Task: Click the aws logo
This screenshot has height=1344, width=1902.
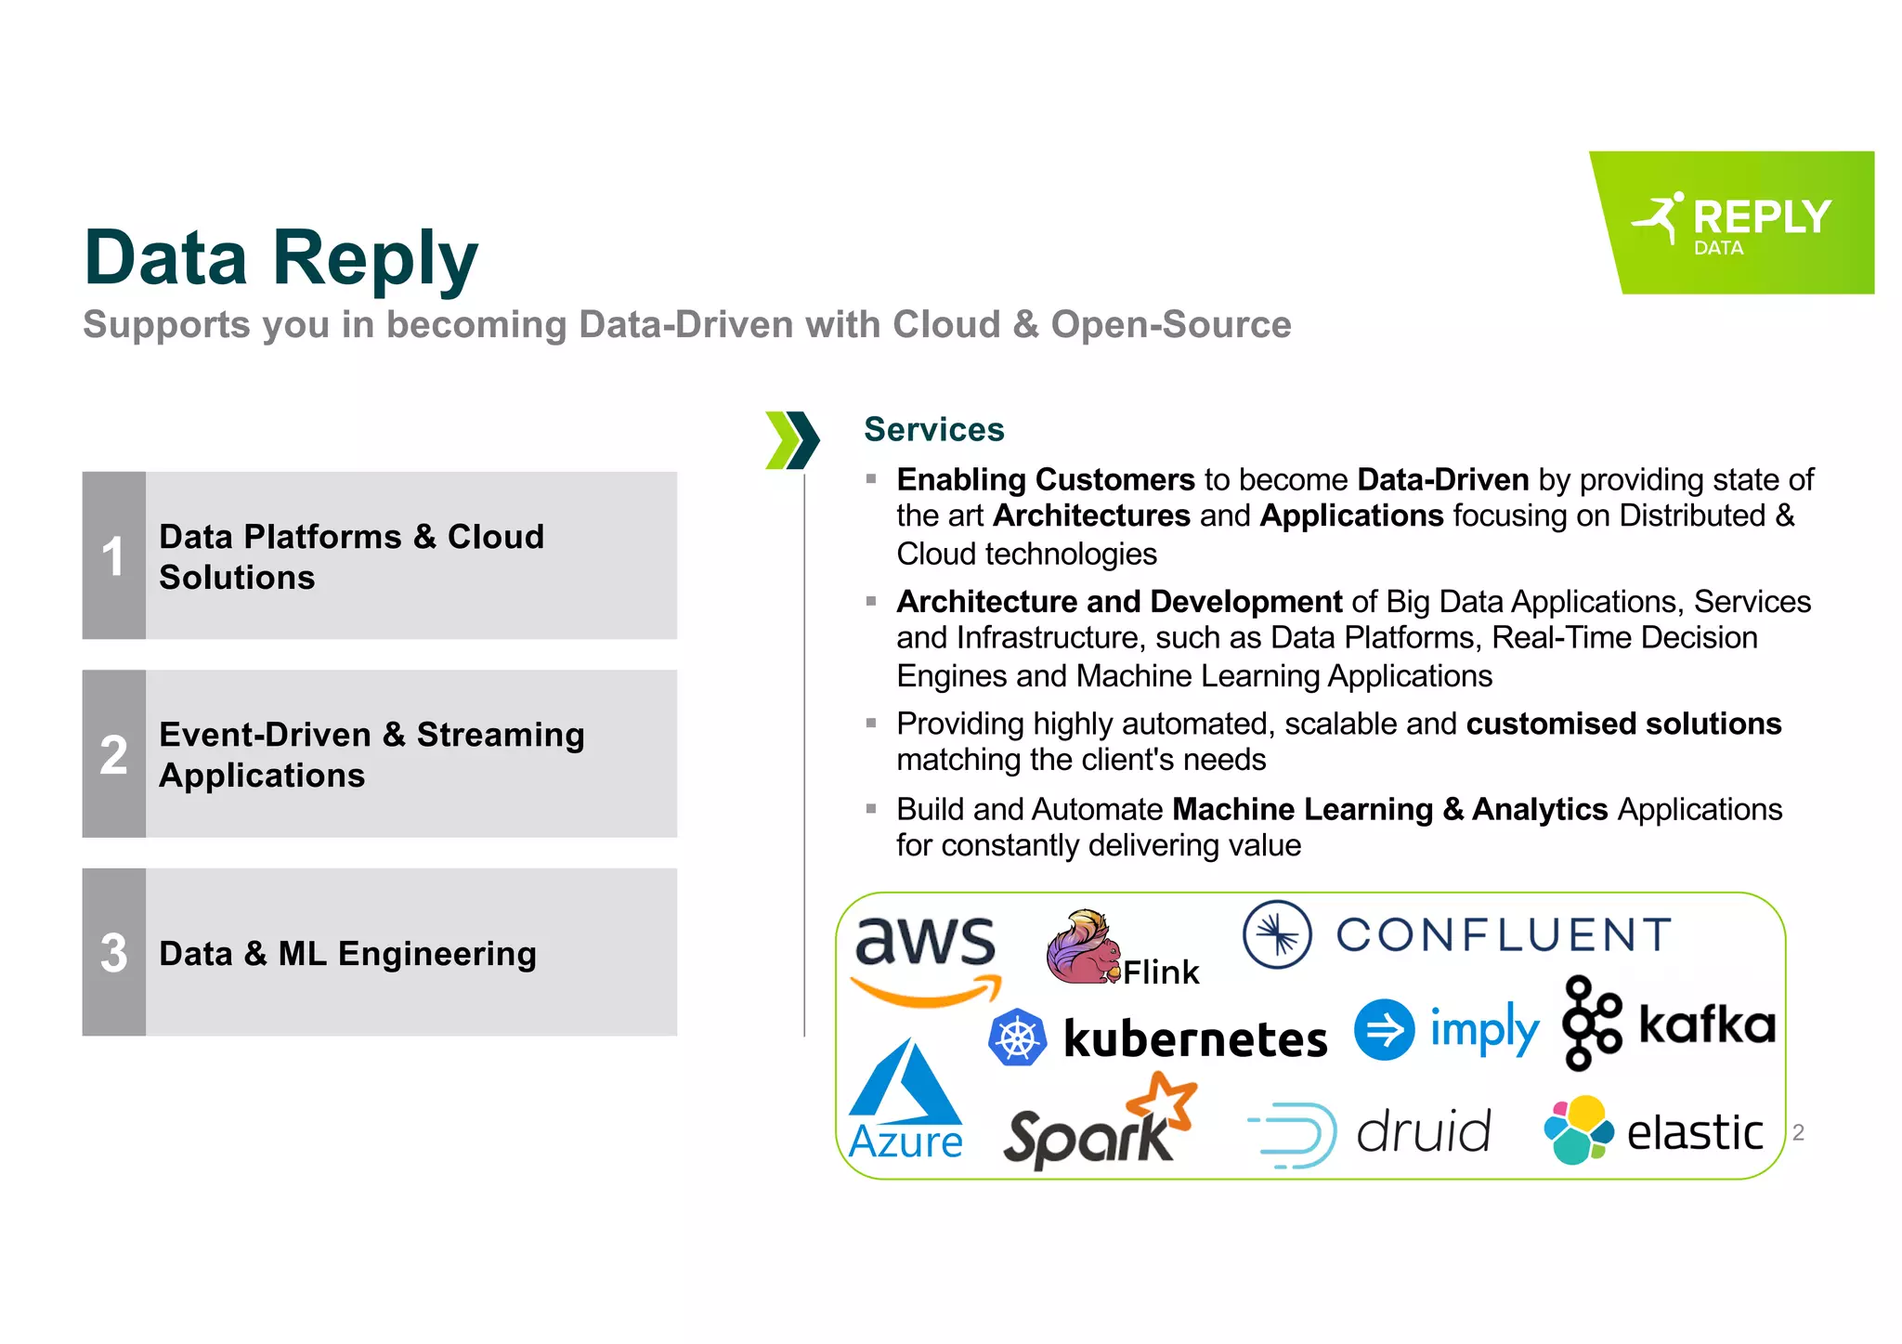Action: click(x=925, y=957)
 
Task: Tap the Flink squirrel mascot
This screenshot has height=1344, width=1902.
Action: click(x=1081, y=947)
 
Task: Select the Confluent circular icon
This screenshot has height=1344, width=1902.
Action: click(x=1277, y=934)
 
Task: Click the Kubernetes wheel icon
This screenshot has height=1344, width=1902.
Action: click(x=1017, y=1037)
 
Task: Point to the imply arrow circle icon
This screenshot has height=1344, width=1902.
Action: click(x=1384, y=1029)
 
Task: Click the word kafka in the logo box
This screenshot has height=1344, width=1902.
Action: click(x=1707, y=1024)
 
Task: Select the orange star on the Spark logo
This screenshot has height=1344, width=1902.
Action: click(x=1163, y=1102)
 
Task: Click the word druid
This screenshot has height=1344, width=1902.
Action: click(x=1423, y=1132)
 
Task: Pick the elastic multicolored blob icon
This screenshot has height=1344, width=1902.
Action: click(x=1577, y=1129)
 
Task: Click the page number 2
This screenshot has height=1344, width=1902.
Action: click(x=1798, y=1132)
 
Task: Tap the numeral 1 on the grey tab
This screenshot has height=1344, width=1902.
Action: click(x=113, y=556)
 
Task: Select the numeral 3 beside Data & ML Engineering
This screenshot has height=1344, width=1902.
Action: click(x=113, y=953)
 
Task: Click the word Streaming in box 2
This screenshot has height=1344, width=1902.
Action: click(x=501, y=735)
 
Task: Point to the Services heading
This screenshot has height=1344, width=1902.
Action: click(x=933, y=429)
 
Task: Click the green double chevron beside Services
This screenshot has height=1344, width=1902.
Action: click(x=792, y=439)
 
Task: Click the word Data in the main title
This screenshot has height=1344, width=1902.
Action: click(x=166, y=257)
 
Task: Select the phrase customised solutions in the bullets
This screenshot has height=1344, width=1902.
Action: click(x=1622, y=724)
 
